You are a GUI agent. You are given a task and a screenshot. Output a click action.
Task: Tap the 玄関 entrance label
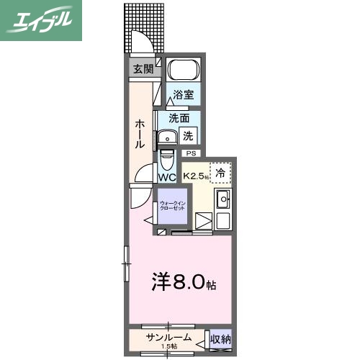pos(143,69)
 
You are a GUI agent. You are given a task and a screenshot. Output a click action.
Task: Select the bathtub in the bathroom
pos(183,72)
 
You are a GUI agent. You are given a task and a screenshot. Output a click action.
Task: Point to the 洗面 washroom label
pos(179,118)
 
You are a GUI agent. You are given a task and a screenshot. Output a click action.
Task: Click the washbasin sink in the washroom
pos(168,137)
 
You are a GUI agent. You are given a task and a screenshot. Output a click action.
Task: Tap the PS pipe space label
pos(191,153)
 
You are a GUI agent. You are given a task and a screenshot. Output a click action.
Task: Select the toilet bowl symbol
pos(166,157)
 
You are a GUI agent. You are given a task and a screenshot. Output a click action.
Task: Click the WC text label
pos(167,176)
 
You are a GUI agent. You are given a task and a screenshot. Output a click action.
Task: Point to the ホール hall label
pos(140,134)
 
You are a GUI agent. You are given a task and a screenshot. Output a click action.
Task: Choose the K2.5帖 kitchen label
pos(195,176)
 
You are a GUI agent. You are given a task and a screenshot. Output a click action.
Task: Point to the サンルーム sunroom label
pos(169,337)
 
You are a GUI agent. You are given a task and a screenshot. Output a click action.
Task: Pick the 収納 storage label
pos(220,339)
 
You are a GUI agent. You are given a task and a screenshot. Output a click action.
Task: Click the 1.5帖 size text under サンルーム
pos(170,346)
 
